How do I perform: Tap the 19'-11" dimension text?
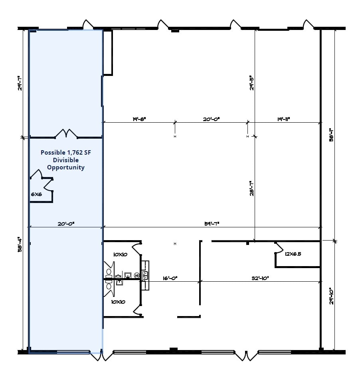tap(283, 119)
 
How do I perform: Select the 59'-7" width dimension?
tap(212, 224)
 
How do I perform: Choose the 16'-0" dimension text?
tap(169, 278)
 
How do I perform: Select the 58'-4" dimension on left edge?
tap(20, 247)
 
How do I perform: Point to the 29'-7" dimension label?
tap(20, 83)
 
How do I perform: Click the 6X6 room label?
tap(36, 194)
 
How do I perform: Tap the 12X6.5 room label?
tap(293, 253)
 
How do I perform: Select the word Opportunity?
tap(66, 167)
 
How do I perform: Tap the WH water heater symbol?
tap(137, 275)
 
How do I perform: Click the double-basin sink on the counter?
tap(146, 275)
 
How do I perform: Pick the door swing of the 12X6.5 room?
tap(278, 248)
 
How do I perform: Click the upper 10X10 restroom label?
tap(120, 254)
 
